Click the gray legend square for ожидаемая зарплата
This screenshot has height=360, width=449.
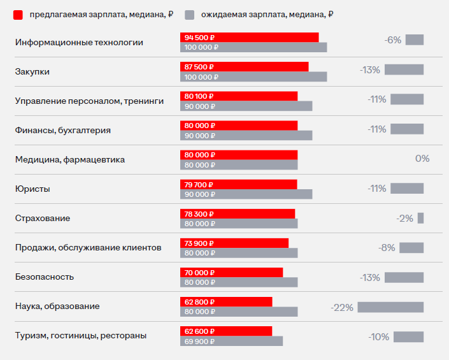click(189, 14)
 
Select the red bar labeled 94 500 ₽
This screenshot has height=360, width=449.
click(250, 38)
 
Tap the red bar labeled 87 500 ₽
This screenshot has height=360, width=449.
click(245, 67)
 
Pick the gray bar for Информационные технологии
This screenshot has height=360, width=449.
click(253, 47)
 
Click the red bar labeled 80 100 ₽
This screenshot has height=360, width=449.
click(239, 96)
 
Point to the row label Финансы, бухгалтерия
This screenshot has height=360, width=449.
click(63, 130)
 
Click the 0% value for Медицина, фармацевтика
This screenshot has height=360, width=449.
click(422, 159)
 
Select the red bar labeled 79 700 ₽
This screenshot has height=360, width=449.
click(239, 184)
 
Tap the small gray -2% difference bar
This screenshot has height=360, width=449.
click(420, 218)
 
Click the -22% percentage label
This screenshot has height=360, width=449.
click(342, 307)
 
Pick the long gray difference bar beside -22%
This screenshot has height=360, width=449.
click(390, 307)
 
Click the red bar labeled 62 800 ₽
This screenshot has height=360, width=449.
click(226, 302)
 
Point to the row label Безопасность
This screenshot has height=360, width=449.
click(45, 277)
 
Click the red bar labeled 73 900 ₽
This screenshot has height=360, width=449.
click(234, 243)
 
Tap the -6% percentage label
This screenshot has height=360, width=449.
click(393, 40)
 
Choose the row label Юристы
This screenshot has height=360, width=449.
click(32, 189)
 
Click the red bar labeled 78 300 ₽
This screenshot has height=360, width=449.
click(238, 213)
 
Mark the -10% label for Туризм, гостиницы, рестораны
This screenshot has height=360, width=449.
click(378, 337)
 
